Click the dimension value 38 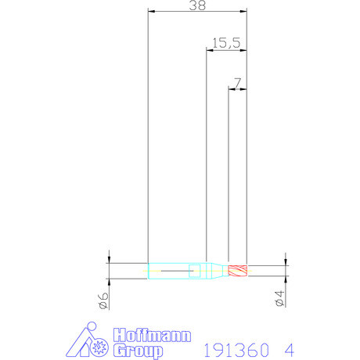(x=196, y=5)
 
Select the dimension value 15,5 (x=225, y=43)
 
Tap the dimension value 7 (x=237, y=81)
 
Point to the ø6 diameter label (x=103, y=300)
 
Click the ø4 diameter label (x=279, y=299)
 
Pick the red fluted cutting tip (x=237, y=272)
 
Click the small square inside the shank (x=196, y=272)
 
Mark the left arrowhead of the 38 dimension (x=152, y=12)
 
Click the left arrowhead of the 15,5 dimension (x=210, y=50)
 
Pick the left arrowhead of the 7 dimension (x=232, y=88)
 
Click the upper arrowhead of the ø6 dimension (x=110, y=261)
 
